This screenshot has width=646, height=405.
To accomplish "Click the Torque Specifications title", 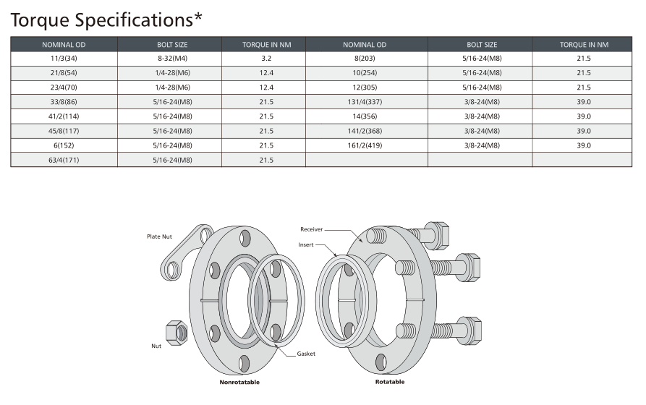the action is tap(106, 20).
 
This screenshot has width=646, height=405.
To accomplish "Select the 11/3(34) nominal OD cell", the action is tap(64, 58).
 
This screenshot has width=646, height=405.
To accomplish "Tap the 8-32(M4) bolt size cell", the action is tap(172, 58).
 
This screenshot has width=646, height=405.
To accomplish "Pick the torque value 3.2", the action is tap(266, 58).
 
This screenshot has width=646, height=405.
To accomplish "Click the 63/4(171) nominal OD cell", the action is tap(64, 160).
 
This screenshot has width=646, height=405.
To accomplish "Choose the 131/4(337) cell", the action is tap(365, 102).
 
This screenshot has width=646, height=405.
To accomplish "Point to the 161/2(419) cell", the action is tap(365, 145).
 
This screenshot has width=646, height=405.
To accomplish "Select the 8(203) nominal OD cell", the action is tap(365, 58).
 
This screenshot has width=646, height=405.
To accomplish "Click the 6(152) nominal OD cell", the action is tap(64, 145).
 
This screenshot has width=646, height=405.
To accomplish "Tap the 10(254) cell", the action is tap(365, 72).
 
